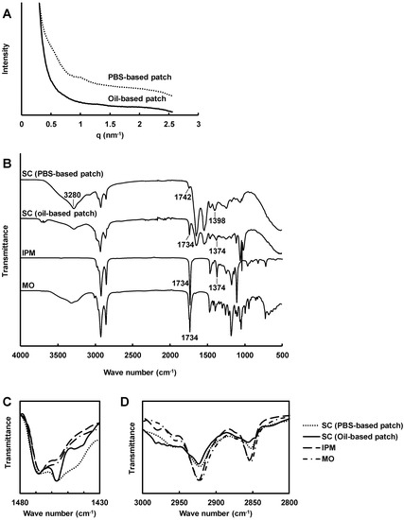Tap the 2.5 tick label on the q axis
[x=168, y=123]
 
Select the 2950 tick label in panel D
[x=178, y=498]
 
